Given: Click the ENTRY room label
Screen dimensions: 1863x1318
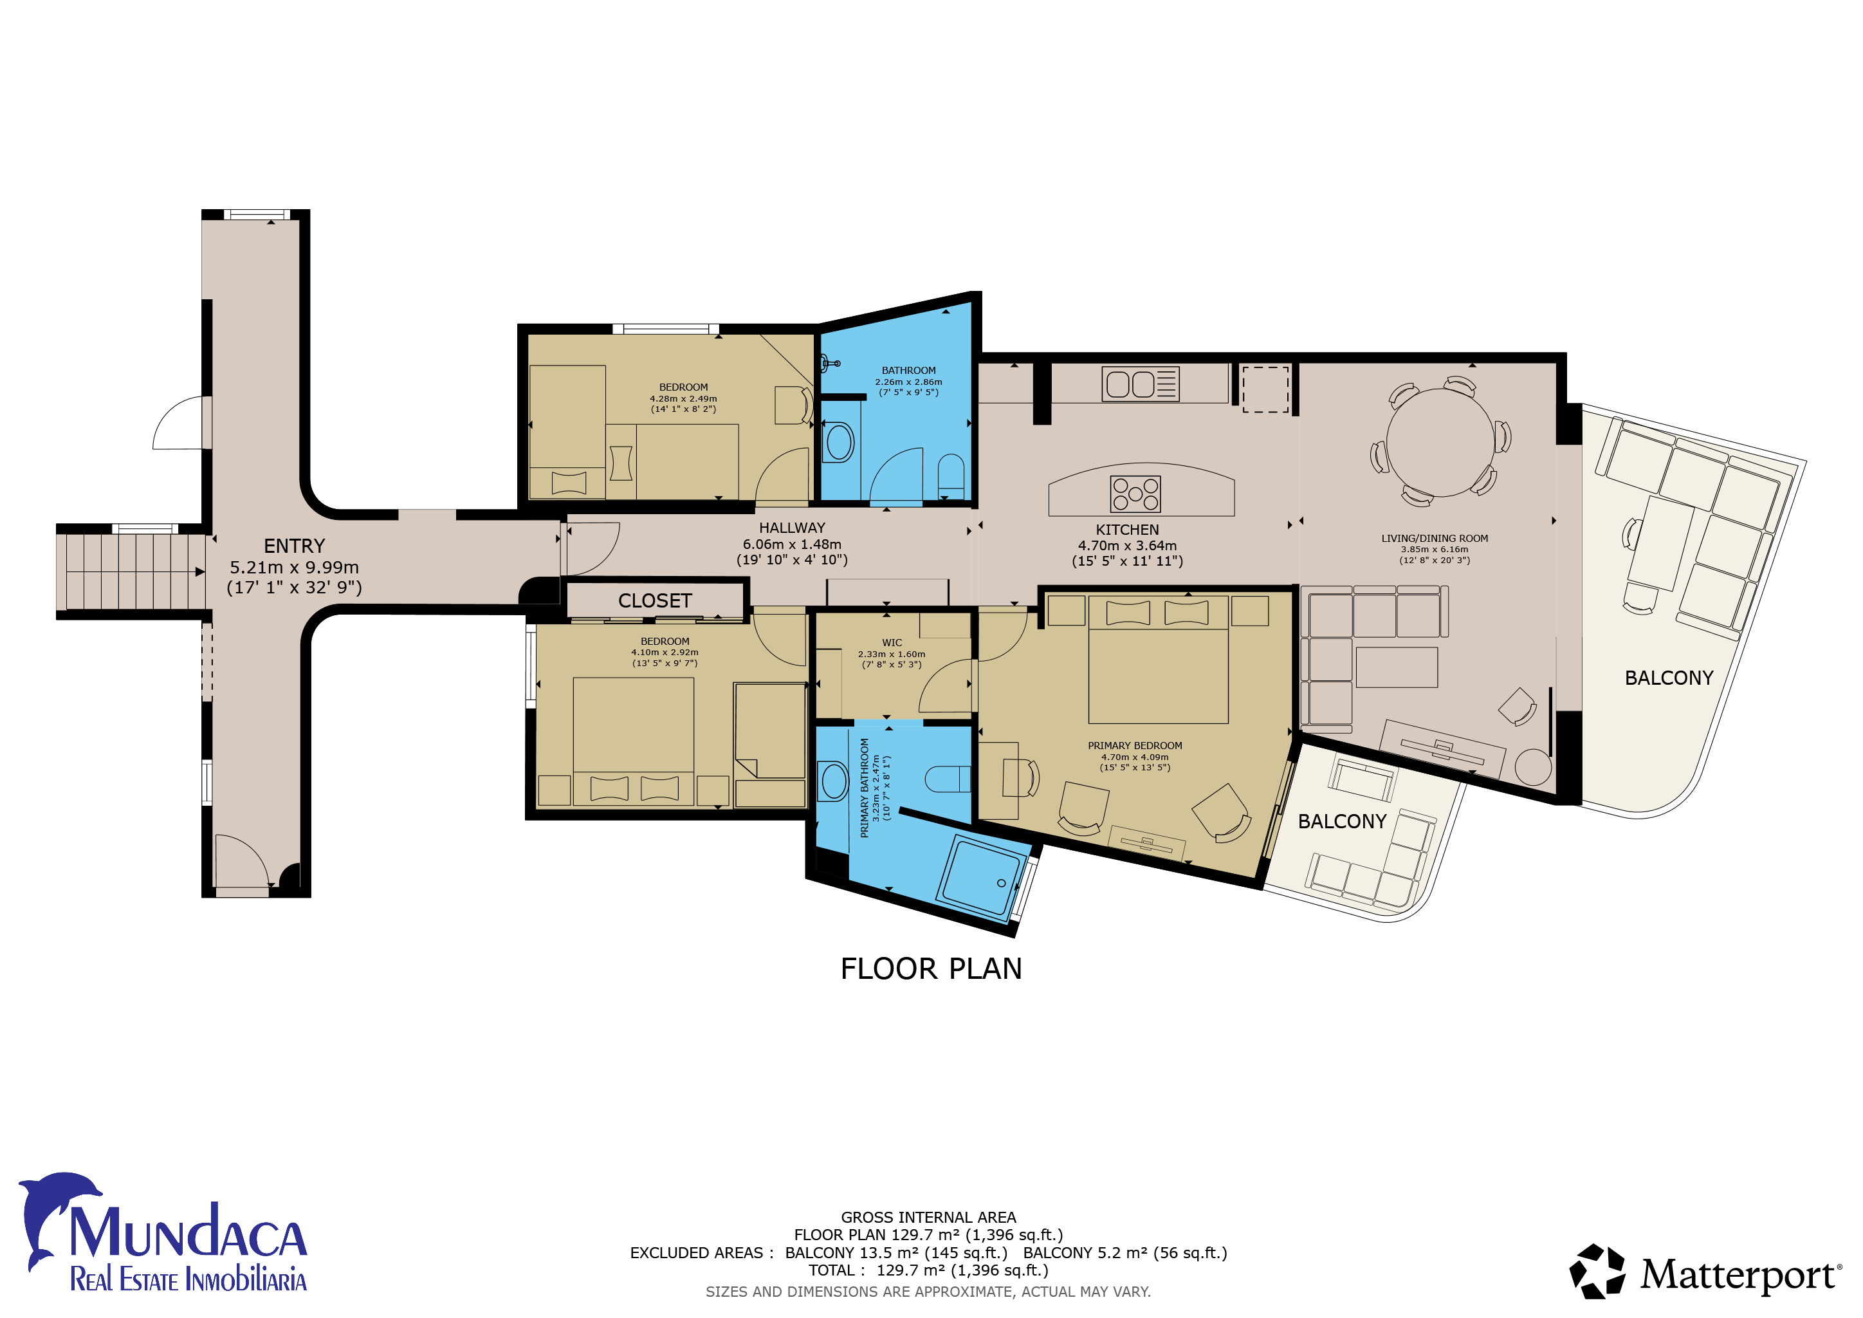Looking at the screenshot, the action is tap(294, 546).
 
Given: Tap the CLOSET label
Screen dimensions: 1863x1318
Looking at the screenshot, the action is tap(655, 600).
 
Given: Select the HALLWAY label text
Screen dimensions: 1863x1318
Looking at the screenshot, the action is tap(792, 528).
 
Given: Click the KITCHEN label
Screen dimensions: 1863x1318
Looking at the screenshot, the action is tap(1127, 529).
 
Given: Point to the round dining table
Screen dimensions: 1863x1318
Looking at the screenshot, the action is tap(1440, 442).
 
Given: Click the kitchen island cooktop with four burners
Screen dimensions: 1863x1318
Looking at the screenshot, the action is tap(1135, 494).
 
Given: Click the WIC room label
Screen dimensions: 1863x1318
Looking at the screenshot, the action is tap(892, 643).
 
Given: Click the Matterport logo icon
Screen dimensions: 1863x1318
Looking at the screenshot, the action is tap(1597, 1272).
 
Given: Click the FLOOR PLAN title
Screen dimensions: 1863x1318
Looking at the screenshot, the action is tap(931, 969).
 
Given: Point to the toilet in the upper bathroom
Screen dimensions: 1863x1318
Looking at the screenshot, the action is tap(951, 476).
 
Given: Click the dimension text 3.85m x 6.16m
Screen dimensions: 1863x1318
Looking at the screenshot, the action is tap(1434, 550).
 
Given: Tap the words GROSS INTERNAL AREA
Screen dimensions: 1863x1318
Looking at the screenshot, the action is tap(928, 1218).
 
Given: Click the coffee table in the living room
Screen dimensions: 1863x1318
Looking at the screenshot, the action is tap(1397, 667).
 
